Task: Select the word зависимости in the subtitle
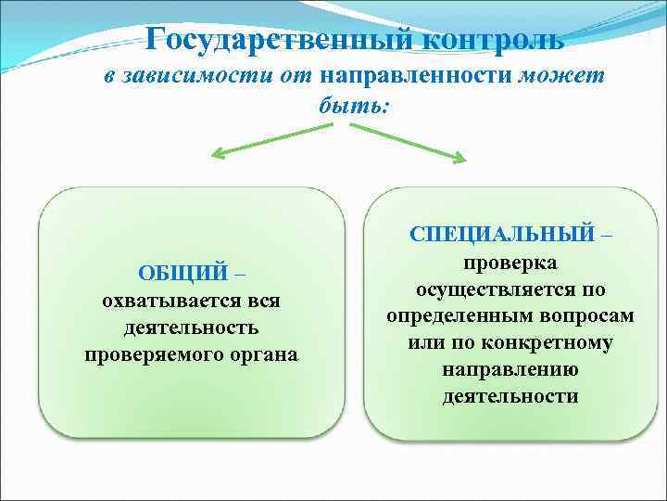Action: click(192, 76)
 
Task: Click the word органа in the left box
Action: click(263, 354)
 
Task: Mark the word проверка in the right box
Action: click(510, 263)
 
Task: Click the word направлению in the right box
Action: click(510, 369)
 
